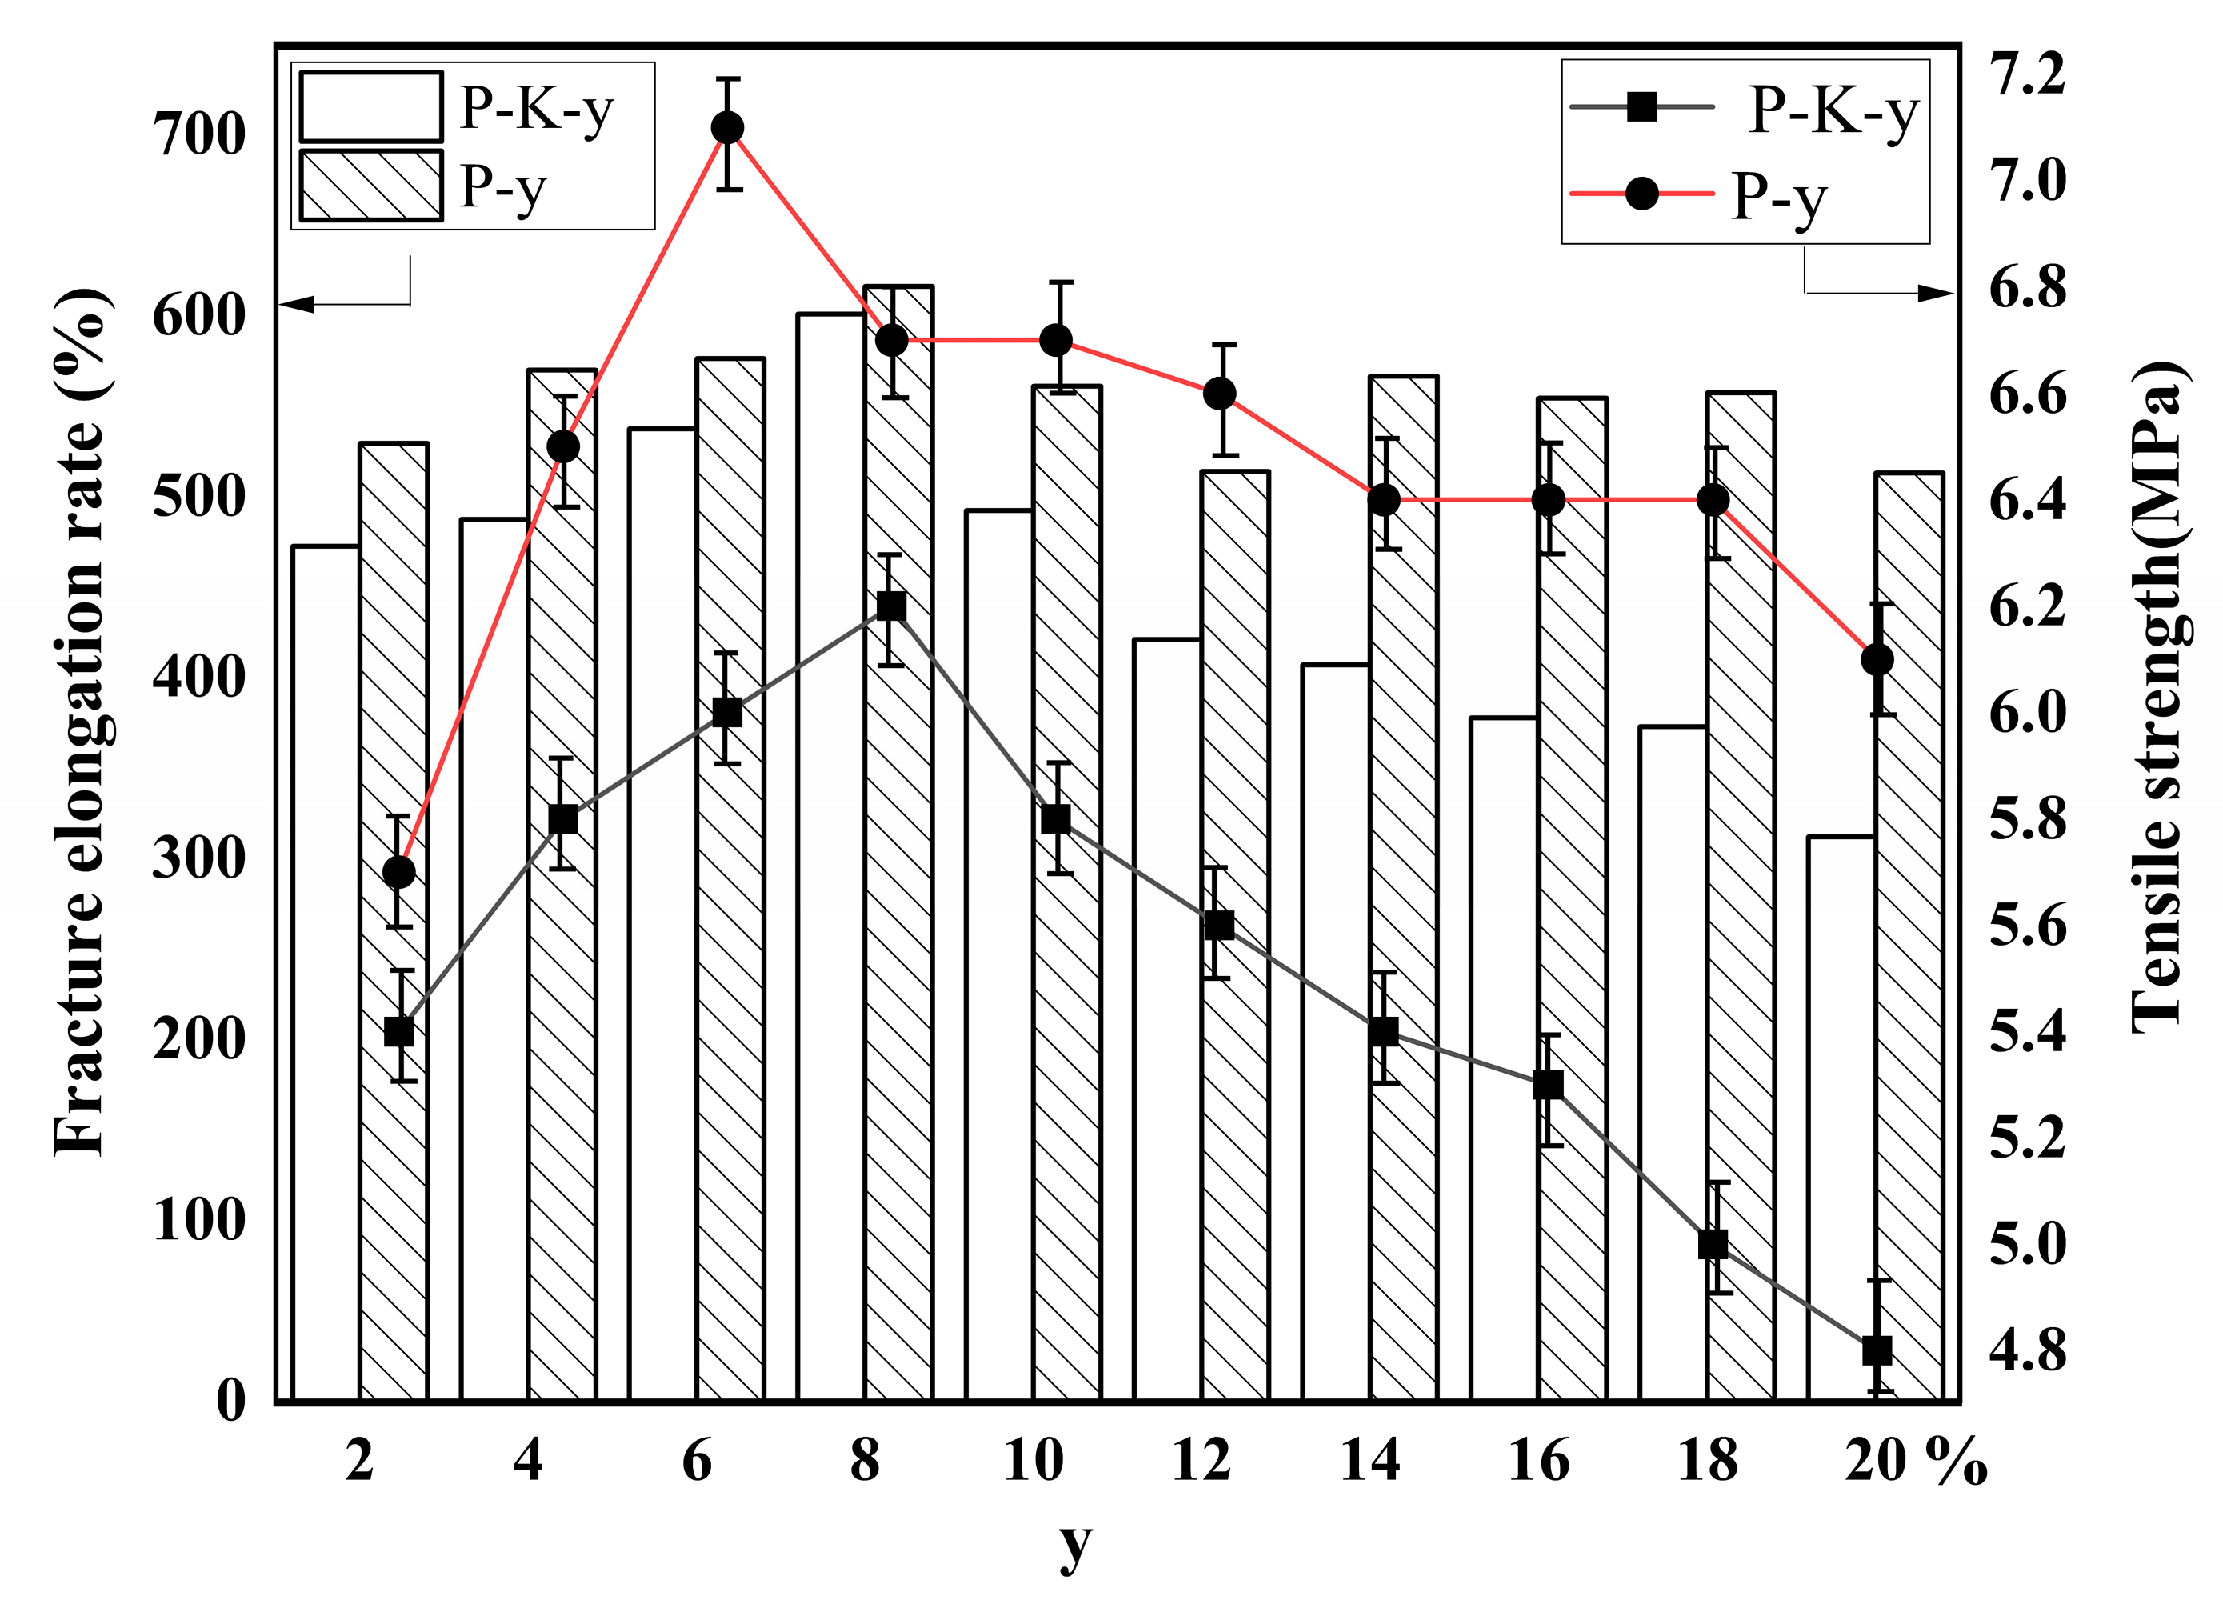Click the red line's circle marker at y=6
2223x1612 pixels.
pyautogui.click(x=727, y=129)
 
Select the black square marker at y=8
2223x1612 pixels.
pyautogui.click(x=891, y=606)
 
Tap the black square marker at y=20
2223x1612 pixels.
pyautogui.click(x=1876, y=1350)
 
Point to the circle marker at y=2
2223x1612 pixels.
pyautogui.click(x=398, y=872)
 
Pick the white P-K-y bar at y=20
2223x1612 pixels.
pyautogui.click(x=1841, y=1118)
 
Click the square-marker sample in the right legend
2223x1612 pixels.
pyautogui.click(x=1641, y=107)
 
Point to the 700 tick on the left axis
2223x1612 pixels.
pyautogui.click(x=199, y=134)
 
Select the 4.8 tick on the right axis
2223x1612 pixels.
pyautogui.click(x=2027, y=1350)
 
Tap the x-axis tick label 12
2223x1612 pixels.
pyautogui.click(x=1201, y=1461)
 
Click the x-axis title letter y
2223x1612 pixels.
pyautogui.click(x=1075, y=1546)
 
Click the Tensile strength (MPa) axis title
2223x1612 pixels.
pyautogui.click(x=2157, y=696)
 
